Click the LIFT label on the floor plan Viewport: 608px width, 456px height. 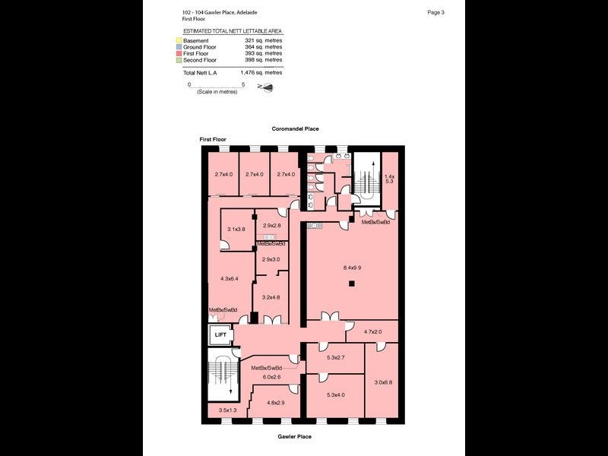[220, 334]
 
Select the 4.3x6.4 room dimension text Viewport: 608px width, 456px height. [228, 279]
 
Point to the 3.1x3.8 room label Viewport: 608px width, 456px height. [236, 230]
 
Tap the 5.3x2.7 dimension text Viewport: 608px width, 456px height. [335, 357]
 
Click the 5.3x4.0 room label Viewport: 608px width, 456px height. [335, 394]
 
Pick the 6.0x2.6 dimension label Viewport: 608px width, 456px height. [271, 376]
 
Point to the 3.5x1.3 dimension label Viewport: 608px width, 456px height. [228, 410]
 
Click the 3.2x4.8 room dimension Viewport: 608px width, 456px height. [271, 297]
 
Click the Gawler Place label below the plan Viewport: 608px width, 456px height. [294, 437]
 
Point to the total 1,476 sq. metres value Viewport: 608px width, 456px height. [261, 72]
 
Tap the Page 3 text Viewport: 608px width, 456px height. [436, 12]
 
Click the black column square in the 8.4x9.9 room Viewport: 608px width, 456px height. [351, 284]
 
